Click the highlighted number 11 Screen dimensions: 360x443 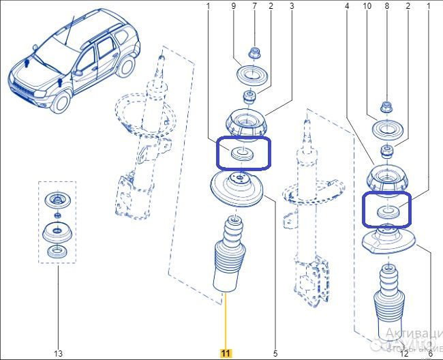tap(226, 352)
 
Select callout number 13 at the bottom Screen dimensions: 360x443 tap(58, 352)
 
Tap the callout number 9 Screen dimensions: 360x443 tap(233, 6)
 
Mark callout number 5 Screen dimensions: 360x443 tap(275, 352)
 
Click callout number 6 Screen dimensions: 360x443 tap(430, 352)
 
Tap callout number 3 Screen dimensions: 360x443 tap(292, 6)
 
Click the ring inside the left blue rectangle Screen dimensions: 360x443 tap(242, 153)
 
